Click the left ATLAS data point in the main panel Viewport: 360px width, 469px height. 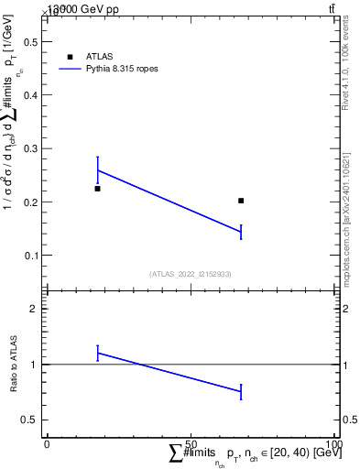(x=97, y=189)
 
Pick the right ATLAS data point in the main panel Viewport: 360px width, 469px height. (x=241, y=201)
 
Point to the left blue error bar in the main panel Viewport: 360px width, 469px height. (x=97, y=169)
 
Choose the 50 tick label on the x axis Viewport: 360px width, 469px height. (x=191, y=444)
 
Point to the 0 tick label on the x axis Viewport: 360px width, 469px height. (x=47, y=444)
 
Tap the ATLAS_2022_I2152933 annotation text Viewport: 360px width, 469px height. (x=191, y=274)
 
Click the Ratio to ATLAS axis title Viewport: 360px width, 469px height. (x=13, y=364)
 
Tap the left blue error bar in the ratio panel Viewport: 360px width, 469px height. (x=97, y=353)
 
